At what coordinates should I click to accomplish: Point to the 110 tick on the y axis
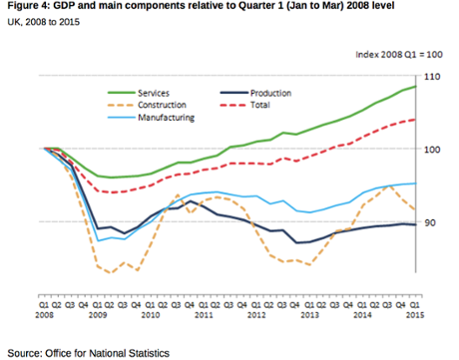pyautogui.click(x=433, y=76)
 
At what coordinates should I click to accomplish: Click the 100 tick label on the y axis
pyautogui.click(x=433, y=149)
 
